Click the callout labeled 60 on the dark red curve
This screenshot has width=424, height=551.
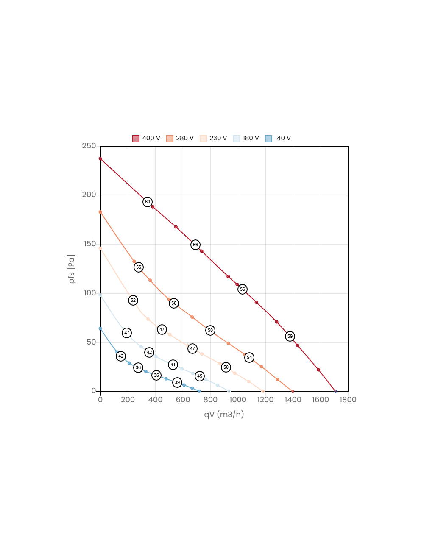[x=148, y=202]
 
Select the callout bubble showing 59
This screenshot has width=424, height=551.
[x=290, y=337]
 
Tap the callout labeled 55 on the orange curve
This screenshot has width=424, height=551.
[x=139, y=267]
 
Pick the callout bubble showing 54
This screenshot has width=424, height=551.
[x=249, y=358]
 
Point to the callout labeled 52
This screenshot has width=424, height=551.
[x=133, y=301]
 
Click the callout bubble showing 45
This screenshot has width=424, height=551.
[x=200, y=376]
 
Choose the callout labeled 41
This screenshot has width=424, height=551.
[x=173, y=365]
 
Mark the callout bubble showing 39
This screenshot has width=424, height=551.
[x=177, y=383]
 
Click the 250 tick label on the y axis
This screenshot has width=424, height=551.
[x=89, y=146]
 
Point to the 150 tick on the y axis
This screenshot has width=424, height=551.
[x=90, y=244]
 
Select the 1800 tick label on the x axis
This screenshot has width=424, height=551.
[x=348, y=400]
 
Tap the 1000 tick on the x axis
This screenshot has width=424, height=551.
[x=238, y=400]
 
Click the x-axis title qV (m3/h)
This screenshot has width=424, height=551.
[x=224, y=414]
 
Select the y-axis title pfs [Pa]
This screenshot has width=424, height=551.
[x=72, y=269]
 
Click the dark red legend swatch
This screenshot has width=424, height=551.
[x=136, y=139]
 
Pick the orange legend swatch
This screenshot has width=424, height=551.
[x=170, y=139]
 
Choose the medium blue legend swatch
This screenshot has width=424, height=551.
[x=268, y=139]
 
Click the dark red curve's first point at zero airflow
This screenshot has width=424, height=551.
[x=100, y=159]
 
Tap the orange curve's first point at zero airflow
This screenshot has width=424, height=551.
[x=100, y=212]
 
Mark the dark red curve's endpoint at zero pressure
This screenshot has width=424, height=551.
[x=335, y=391]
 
